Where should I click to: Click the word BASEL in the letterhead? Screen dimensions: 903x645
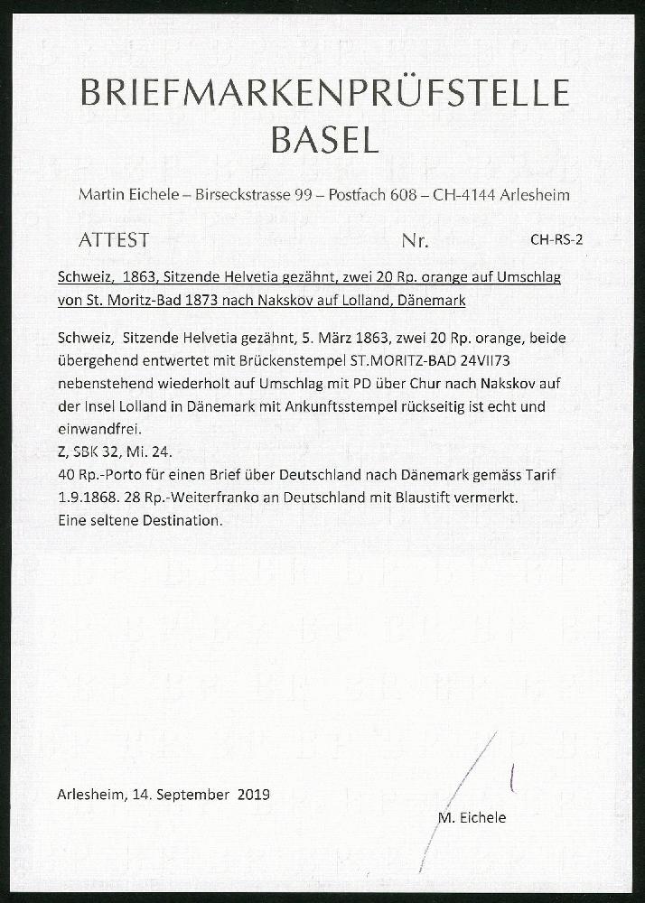(324, 139)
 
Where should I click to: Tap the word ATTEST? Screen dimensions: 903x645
(114, 241)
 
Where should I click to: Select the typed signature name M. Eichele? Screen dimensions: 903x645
(472, 817)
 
